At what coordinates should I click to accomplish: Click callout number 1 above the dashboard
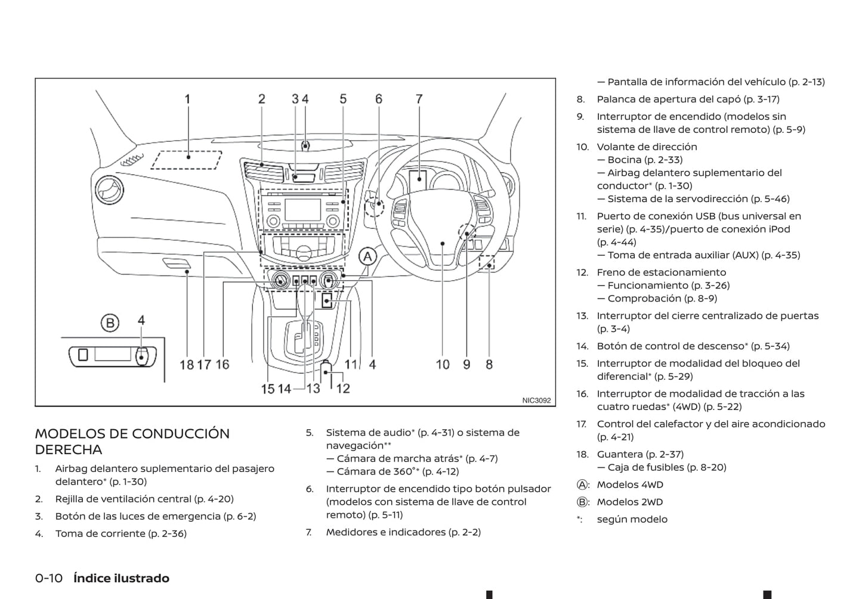coord(187,99)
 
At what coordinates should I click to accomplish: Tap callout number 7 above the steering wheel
coord(419,99)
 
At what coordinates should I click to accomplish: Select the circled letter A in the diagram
coord(367,257)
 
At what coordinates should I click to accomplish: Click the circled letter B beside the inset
coord(110,323)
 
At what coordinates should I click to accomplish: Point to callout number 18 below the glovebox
coord(187,364)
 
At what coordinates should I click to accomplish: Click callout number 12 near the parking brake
coord(343,389)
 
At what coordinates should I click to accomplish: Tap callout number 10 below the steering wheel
coord(443,364)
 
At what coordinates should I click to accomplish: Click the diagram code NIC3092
coord(536,401)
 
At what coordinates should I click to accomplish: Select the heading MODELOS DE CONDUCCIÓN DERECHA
coord(132,441)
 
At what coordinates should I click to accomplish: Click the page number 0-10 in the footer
coord(49,578)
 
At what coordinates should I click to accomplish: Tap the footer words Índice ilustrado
coord(121,578)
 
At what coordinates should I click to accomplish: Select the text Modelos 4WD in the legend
coord(630,485)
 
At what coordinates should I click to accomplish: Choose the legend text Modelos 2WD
coord(630,502)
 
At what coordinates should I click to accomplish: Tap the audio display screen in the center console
coord(303,210)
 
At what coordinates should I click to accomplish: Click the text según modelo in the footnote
coord(632,519)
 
